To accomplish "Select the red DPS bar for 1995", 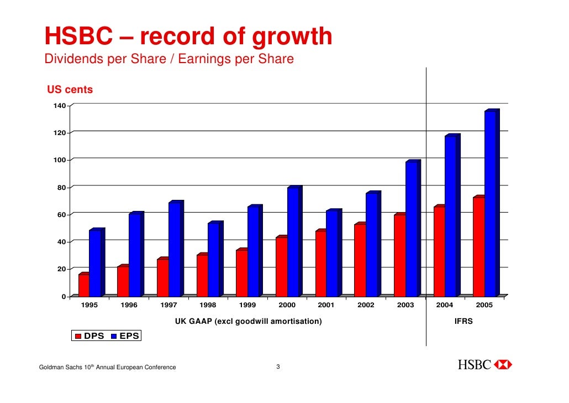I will (84, 285).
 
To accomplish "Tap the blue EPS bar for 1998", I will (213, 260).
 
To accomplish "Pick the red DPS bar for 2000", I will (281, 267).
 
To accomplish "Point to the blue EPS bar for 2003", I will (411, 229).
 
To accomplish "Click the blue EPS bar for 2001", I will (332, 254).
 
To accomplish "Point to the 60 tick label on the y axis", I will (59, 215).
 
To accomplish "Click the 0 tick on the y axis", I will (63, 297).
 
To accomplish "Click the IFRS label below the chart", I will (463, 321).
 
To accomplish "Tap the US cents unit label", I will (70, 90).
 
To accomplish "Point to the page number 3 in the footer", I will (278, 367).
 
